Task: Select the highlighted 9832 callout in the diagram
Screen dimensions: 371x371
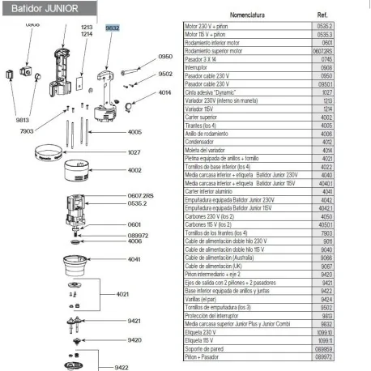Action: [113, 28]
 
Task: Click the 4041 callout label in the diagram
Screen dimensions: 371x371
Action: [134, 259]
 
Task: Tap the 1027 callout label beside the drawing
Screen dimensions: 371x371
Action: [134, 151]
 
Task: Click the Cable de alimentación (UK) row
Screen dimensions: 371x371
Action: [213, 265]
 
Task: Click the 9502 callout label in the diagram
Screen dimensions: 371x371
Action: [165, 74]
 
